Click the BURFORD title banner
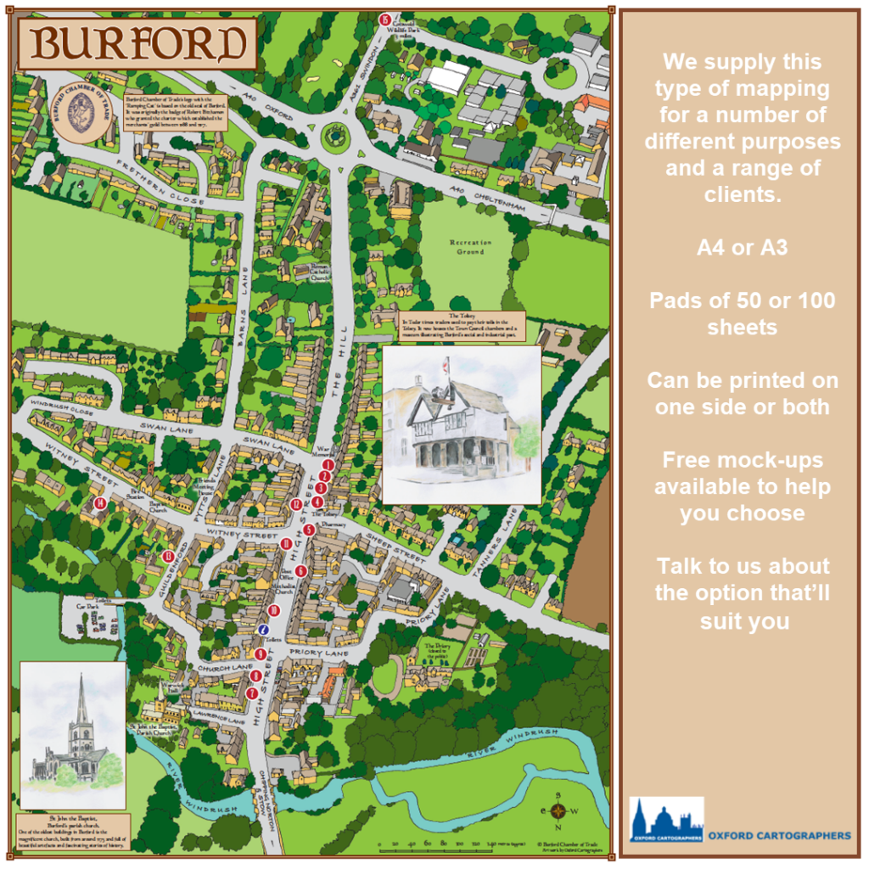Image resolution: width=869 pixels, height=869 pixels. coord(137,42)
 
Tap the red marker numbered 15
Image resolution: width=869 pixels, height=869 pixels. coord(384,19)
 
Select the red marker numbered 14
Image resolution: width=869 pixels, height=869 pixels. coord(100,503)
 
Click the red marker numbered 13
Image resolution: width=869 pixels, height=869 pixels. coord(168,556)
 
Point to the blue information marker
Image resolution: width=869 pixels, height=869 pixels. coord(264,630)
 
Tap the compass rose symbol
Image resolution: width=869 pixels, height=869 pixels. coord(558,811)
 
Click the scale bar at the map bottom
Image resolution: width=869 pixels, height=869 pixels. coord(441,845)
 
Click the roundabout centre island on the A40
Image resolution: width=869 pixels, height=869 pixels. coord(336,135)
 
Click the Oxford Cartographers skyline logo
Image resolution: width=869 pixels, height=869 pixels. coord(666,820)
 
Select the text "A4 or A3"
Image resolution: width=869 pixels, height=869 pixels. coord(743,248)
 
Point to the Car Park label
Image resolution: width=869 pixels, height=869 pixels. coord(81,608)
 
